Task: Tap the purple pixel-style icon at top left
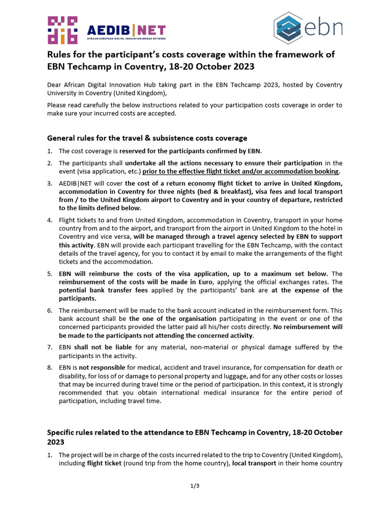(62, 30)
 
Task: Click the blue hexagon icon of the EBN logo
(289, 28)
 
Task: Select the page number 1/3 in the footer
(195, 486)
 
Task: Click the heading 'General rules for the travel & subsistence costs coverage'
(147, 138)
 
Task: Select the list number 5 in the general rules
(50, 273)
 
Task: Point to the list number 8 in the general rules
(50, 368)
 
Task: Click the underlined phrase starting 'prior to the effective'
(241, 172)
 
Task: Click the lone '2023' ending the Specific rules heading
(56, 442)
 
